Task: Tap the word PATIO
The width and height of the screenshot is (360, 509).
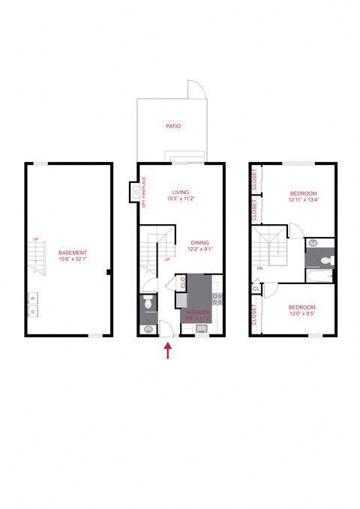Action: coord(173,127)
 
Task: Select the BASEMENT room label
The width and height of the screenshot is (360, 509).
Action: coord(73,253)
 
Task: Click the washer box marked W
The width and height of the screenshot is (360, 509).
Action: coord(33,298)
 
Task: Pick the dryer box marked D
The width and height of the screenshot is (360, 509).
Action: coord(33,311)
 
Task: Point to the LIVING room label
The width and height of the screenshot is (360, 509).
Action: coord(178,192)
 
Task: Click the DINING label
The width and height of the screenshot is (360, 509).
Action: coord(199,242)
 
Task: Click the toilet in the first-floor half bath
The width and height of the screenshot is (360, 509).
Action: coord(148,303)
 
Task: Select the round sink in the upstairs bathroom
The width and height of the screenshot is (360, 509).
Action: coord(314,244)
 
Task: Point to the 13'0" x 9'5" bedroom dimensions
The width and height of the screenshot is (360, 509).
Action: coord(301,316)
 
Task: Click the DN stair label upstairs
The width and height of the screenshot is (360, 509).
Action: coord(259,268)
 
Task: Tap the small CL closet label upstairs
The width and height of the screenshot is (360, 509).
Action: coord(256,288)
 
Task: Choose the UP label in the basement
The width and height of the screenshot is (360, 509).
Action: coord(35,239)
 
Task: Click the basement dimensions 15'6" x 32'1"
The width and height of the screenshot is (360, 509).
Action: coord(73,259)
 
